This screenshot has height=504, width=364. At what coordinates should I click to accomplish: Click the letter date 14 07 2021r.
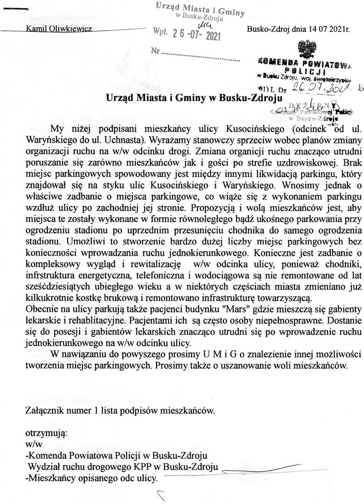[x=318, y=29]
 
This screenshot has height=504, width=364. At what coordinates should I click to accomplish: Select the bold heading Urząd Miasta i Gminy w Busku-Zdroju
[x=194, y=97]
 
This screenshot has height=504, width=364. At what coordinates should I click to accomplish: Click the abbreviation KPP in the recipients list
[x=144, y=468]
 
